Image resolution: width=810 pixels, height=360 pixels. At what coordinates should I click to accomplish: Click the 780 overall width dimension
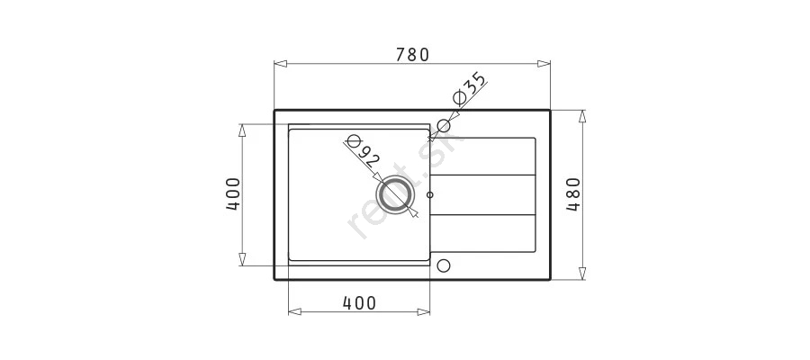(412, 54)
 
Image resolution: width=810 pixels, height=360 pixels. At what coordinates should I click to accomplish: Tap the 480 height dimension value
(573, 194)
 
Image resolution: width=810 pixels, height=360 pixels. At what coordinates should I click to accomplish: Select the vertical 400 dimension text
(233, 194)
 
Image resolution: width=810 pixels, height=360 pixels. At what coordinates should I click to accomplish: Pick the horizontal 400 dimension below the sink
(359, 302)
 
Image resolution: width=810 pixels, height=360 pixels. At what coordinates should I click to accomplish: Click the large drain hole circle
(396, 194)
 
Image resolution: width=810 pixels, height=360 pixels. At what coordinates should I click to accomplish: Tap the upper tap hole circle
(444, 125)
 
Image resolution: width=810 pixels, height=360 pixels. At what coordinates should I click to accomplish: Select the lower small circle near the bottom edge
(444, 265)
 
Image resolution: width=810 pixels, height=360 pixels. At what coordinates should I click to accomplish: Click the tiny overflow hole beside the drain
(430, 194)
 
